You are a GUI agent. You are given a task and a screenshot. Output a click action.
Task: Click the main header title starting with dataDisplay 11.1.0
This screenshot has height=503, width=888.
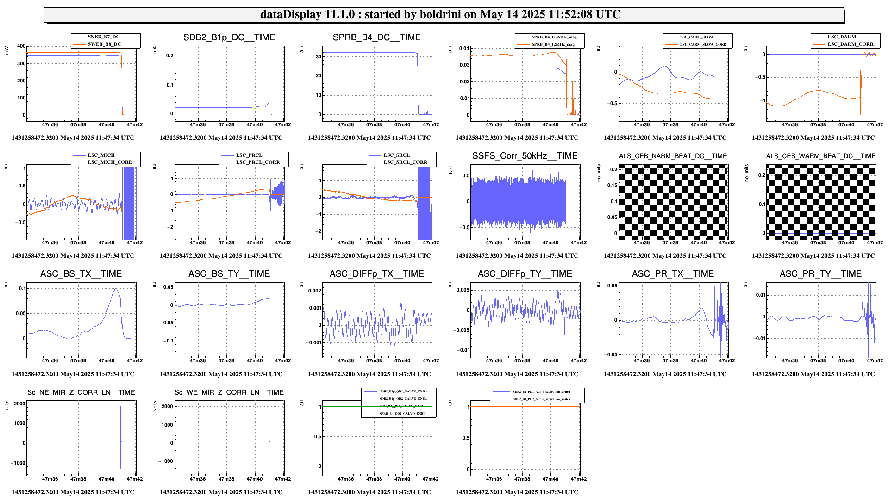tap(440, 14)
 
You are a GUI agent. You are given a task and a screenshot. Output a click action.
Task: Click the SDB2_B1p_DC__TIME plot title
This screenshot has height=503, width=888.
tap(229, 37)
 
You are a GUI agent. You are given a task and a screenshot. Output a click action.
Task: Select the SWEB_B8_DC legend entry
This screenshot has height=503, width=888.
tap(104, 44)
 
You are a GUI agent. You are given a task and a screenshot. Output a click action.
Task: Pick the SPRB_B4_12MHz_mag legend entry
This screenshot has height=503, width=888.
tap(553, 45)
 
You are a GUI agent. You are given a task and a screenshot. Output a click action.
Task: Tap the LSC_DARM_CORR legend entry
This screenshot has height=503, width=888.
tap(850, 44)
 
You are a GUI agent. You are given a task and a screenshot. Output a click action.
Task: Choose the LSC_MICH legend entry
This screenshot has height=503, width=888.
tap(101, 155)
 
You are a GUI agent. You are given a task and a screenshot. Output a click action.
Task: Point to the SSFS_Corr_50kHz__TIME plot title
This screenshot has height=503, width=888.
tap(525, 156)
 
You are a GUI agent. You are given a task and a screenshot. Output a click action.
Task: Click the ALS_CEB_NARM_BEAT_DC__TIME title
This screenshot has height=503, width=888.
tap(673, 156)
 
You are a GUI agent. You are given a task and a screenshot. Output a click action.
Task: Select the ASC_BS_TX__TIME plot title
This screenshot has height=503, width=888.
tap(81, 274)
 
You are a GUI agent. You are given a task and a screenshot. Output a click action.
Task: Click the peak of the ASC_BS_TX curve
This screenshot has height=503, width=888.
tap(116, 289)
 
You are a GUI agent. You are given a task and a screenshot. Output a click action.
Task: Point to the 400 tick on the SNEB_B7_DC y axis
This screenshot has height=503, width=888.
tap(21, 46)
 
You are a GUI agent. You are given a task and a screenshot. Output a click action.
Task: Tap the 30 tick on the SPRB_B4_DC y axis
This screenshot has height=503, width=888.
tap(319, 57)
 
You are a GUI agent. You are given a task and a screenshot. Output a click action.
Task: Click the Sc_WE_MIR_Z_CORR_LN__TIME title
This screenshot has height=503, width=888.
tap(229, 392)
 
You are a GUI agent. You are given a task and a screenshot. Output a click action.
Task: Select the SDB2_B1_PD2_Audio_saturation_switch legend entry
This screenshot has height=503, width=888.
tap(541, 399)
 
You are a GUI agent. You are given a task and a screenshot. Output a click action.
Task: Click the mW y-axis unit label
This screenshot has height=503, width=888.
tap(6, 50)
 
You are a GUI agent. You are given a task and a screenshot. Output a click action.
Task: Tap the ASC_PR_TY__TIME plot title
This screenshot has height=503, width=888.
tap(820, 274)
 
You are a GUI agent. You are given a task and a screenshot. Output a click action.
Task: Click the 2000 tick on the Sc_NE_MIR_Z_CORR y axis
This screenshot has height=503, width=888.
tap(19, 404)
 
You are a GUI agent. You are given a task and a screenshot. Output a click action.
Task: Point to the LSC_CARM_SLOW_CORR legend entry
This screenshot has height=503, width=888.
tap(703, 45)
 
